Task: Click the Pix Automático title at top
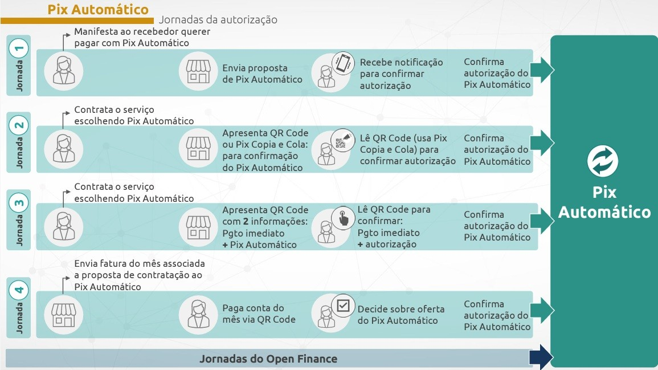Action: (x=98, y=9)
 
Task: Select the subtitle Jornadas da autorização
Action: (x=218, y=20)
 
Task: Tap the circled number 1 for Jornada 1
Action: (x=19, y=48)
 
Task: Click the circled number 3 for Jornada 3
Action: (x=19, y=203)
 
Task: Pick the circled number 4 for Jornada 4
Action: (x=19, y=290)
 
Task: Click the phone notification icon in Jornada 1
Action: (x=343, y=63)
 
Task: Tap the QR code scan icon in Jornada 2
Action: (x=342, y=140)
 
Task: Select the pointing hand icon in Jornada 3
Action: (x=343, y=218)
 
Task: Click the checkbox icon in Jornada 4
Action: (x=343, y=306)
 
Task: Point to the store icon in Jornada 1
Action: (x=198, y=71)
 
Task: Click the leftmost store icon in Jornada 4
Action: (x=63, y=315)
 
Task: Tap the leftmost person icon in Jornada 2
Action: (x=64, y=149)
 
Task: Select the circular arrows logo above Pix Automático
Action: (x=603, y=161)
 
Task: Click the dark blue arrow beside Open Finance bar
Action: (x=541, y=358)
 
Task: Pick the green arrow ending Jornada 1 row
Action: (x=542, y=70)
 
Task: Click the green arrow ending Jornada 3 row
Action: (x=542, y=221)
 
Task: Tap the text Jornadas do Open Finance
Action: (x=268, y=359)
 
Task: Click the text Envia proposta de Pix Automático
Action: (x=262, y=74)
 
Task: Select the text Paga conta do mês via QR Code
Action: (x=259, y=314)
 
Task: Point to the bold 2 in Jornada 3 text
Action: (x=246, y=221)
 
